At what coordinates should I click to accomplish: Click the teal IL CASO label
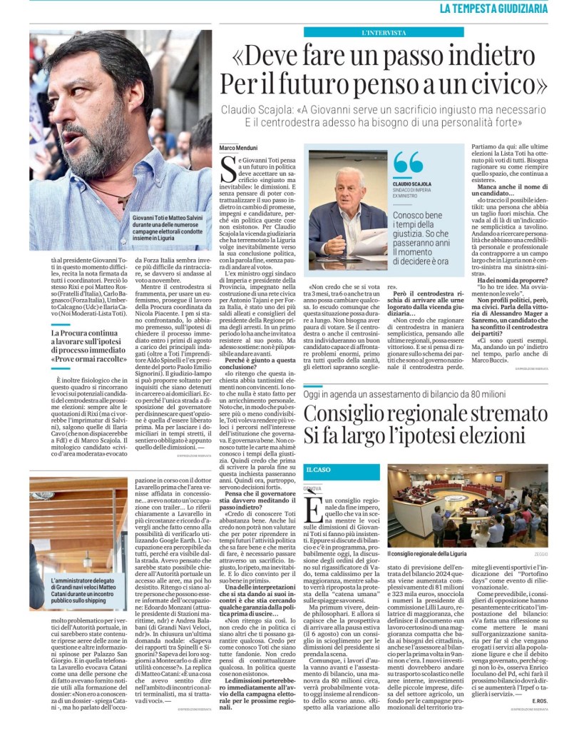click(319, 470)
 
